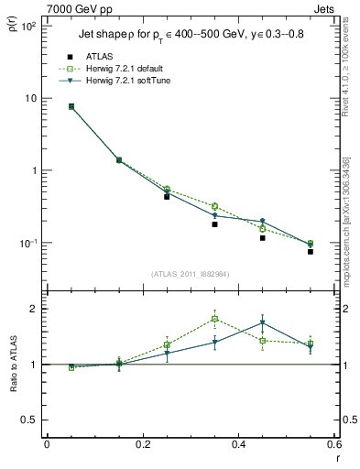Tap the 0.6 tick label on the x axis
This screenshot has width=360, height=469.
click(x=333, y=444)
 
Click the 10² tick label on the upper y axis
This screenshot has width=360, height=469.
click(x=28, y=27)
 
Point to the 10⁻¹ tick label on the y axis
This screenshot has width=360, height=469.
click(x=27, y=244)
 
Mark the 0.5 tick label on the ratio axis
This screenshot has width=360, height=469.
click(x=30, y=420)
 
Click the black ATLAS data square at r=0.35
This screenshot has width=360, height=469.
click(x=214, y=224)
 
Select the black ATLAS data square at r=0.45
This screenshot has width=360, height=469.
click(x=262, y=238)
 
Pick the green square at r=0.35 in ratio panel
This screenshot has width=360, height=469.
click(x=214, y=320)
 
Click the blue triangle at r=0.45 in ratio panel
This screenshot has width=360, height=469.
click(x=262, y=323)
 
